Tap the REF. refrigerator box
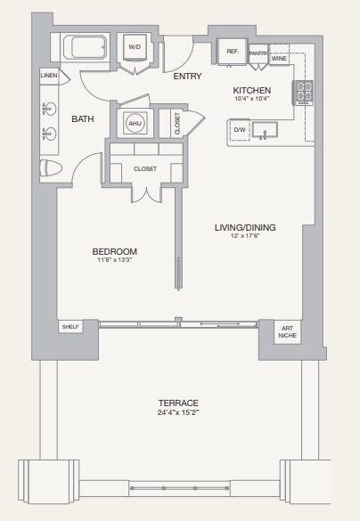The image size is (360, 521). click(x=233, y=52)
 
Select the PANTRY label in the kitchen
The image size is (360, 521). click(x=258, y=53)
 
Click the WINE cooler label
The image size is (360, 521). click(x=279, y=59)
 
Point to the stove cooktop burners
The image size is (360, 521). click(x=304, y=91)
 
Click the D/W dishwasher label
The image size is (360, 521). click(x=240, y=130)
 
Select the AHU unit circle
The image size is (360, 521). click(x=135, y=124)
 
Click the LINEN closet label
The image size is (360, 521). click(x=49, y=77)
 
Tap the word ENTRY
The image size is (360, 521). click(x=187, y=77)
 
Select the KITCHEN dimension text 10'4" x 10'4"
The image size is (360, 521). click(x=252, y=100)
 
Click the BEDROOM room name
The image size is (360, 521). click(x=115, y=251)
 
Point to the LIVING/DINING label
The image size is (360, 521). click(x=245, y=227)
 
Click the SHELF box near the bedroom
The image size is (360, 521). click(x=70, y=327)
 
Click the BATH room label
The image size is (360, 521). click(x=83, y=118)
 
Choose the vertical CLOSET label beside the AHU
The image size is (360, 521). click(x=176, y=124)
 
